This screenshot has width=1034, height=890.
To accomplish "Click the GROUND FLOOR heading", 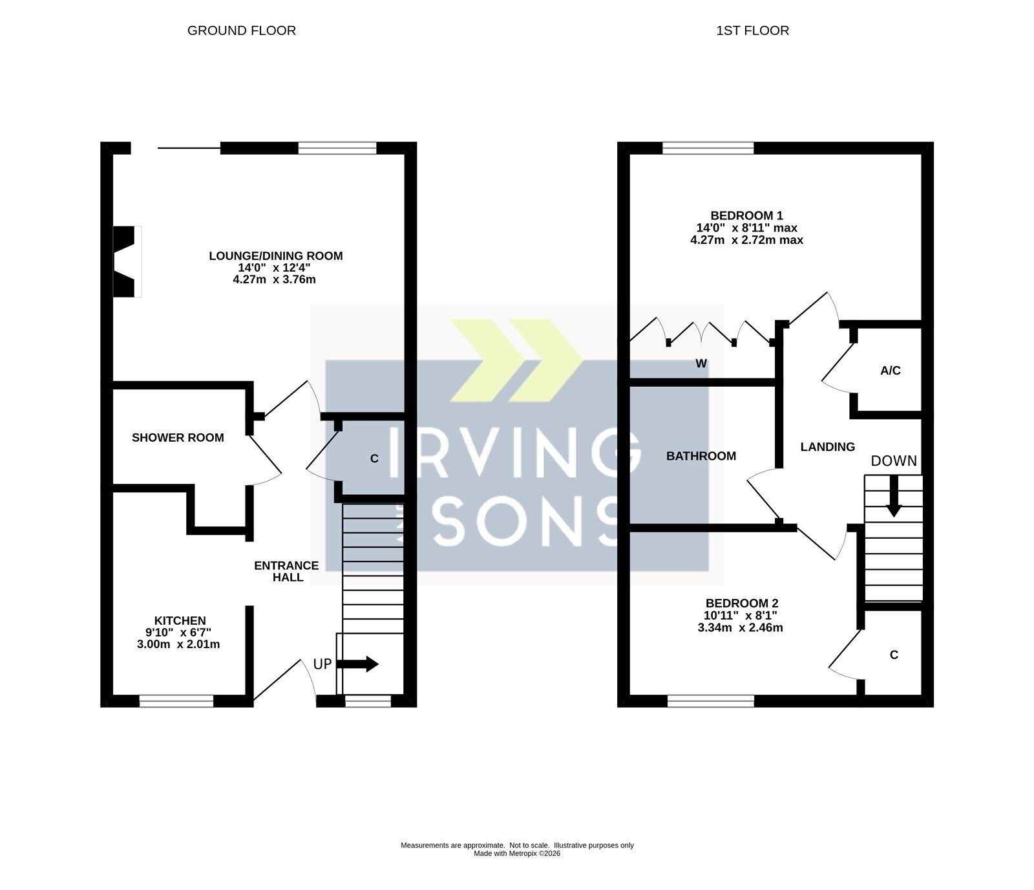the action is (242, 30).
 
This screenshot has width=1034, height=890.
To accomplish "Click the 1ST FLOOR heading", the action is (752, 30).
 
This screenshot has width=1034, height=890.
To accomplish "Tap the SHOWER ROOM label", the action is (178, 438).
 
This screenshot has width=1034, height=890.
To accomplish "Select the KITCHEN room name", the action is (180, 621).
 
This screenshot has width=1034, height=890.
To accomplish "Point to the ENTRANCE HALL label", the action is (286, 571).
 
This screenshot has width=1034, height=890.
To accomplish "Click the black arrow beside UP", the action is (357, 664).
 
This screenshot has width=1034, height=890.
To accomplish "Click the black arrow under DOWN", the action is (894, 496).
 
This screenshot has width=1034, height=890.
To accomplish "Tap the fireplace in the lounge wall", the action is (127, 261).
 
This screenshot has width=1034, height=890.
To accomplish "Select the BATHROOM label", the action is (701, 456).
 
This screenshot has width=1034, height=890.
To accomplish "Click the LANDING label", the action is (827, 447).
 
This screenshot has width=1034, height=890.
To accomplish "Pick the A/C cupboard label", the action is (891, 371).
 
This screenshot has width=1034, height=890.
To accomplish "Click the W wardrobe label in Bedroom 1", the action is (701, 364).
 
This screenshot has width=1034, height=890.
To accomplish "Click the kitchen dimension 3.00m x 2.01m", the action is (178, 644).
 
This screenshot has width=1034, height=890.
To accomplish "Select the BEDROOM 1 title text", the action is (746, 215).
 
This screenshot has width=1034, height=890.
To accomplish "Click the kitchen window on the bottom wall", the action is (176, 700).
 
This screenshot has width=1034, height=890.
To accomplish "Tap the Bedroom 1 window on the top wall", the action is (708, 148).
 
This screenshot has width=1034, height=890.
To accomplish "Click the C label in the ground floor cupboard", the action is (374, 459).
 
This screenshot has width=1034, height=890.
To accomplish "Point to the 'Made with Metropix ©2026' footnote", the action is (517, 853).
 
